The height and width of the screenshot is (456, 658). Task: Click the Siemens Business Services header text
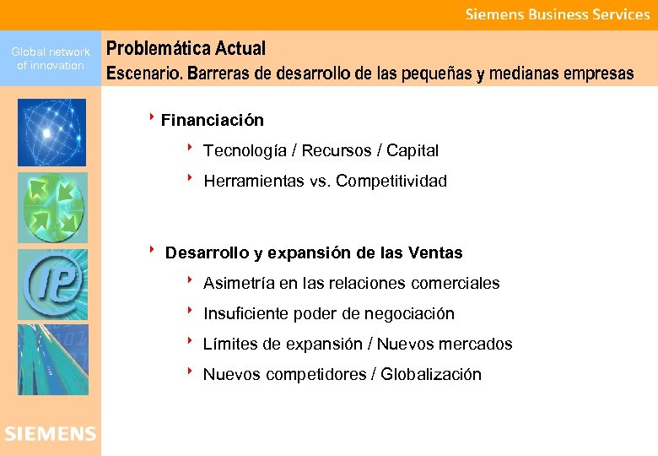(x=558, y=14)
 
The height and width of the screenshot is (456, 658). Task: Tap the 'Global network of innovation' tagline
(x=51, y=58)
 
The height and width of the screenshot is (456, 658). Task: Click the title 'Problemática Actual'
(x=186, y=49)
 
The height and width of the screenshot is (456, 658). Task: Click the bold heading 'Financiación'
(x=212, y=121)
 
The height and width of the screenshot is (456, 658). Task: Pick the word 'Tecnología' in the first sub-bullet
(x=242, y=151)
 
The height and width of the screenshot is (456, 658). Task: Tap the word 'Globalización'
(x=431, y=375)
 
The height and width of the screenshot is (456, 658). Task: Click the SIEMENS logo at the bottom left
(x=51, y=434)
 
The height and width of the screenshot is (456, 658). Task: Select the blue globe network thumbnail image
(x=51, y=133)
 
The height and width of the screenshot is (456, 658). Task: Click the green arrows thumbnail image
(x=51, y=208)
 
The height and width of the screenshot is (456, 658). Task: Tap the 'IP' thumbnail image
(x=51, y=284)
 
